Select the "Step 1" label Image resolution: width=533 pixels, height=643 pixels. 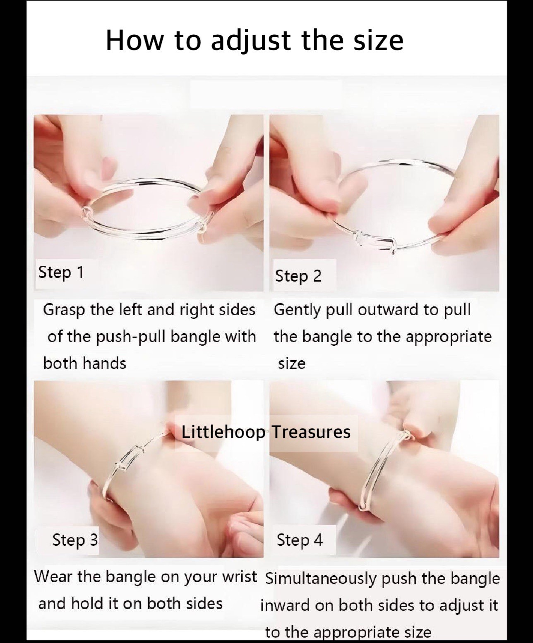pyautogui.click(x=61, y=272)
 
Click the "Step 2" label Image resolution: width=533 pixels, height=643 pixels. pyautogui.click(x=298, y=276)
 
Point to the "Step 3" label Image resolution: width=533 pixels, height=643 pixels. pyautogui.click(x=75, y=540)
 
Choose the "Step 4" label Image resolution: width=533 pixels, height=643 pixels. pyautogui.click(x=300, y=540)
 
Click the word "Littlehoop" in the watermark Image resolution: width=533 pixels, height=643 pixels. pyautogui.click(x=223, y=432)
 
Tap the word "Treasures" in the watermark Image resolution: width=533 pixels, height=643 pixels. pyautogui.click(x=311, y=432)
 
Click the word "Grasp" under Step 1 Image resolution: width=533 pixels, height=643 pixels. pyautogui.click(x=63, y=310)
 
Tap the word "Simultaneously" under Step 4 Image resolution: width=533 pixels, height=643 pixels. pyautogui.click(x=321, y=579)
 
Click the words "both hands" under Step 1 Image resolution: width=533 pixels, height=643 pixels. pyautogui.click(x=85, y=363)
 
